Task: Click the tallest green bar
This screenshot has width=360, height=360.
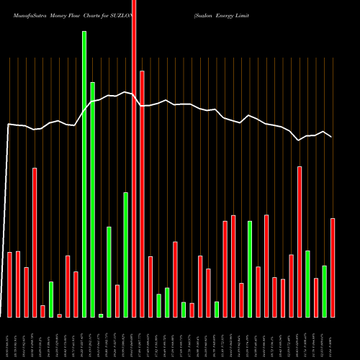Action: [84, 173]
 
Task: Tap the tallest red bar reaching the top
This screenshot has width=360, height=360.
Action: [134, 158]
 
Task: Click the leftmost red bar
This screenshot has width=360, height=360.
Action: [10, 284]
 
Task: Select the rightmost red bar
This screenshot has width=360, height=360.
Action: [333, 267]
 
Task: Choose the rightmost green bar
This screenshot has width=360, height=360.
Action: [325, 291]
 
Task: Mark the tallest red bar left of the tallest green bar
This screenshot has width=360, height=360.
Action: [35, 242]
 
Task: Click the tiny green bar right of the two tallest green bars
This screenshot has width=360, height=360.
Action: [101, 315]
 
